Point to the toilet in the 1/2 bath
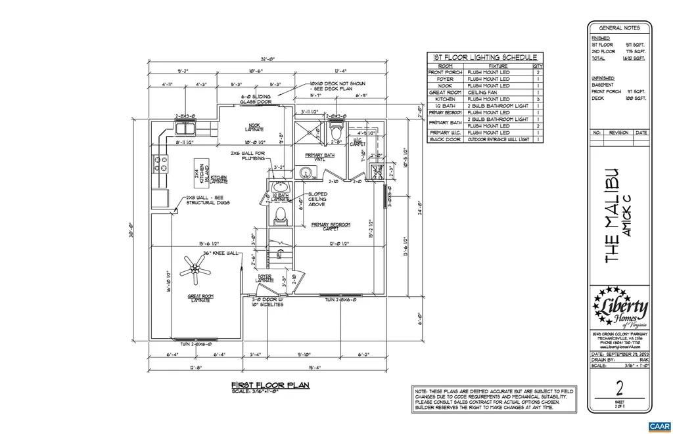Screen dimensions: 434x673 280,215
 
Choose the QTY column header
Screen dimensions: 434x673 538,66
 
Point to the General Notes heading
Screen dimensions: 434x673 620,28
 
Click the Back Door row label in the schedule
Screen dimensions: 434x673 446,139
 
